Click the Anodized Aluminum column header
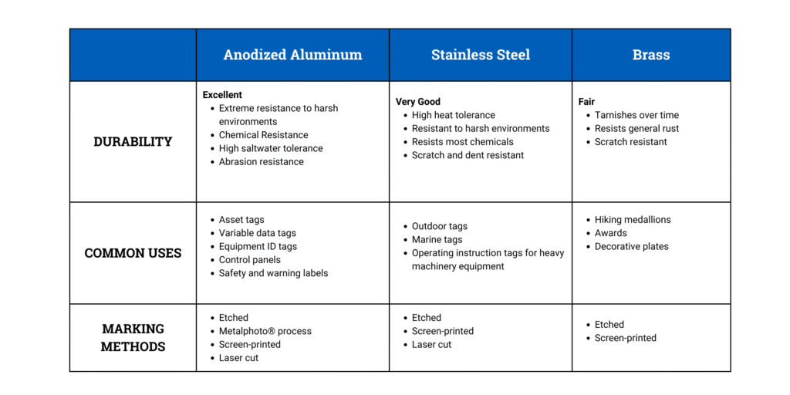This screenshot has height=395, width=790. click(292, 55)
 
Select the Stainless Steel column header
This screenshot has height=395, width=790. click(480, 55)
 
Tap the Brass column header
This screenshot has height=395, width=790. click(651, 55)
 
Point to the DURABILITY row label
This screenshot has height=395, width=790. click(133, 141)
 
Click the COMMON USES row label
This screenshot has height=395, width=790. click(133, 253)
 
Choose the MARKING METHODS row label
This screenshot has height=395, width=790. click(133, 337)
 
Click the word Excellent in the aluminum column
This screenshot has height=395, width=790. click(222, 95)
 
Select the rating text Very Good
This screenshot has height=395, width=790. click(418, 102)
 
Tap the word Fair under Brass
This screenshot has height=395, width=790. click(586, 102)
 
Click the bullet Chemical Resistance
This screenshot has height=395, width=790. click(263, 135)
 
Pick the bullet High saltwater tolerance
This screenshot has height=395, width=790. click(271, 148)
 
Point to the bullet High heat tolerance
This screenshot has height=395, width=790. click(454, 115)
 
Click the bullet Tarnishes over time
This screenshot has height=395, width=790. click(636, 115)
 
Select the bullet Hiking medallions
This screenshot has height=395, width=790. click(633, 220)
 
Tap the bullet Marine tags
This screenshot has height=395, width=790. click(437, 240)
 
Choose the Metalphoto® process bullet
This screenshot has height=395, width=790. click(265, 331)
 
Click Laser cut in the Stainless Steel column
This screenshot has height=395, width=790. click(431, 345)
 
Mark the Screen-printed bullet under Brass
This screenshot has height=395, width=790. click(625, 338)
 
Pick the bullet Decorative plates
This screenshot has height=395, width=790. click(631, 247)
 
